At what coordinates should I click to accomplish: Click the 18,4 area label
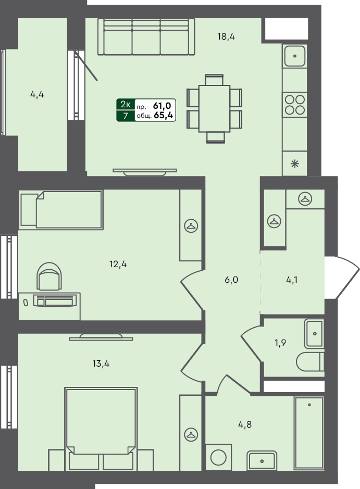click(227, 36)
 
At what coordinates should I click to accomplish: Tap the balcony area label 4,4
click(37, 95)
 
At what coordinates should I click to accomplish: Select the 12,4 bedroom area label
click(118, 264)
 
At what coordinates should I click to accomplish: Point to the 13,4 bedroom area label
click(101, 363)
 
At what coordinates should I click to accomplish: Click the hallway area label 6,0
click(231, 280)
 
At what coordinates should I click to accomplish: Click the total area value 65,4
click(164, 116)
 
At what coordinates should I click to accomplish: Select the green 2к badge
click(126, 105)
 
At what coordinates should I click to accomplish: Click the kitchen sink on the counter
click(295, 55)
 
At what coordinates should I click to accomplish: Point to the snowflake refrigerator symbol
click(295, 164)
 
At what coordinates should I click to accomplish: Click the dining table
click(214, 108)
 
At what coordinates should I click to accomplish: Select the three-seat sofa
click(146, 37)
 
